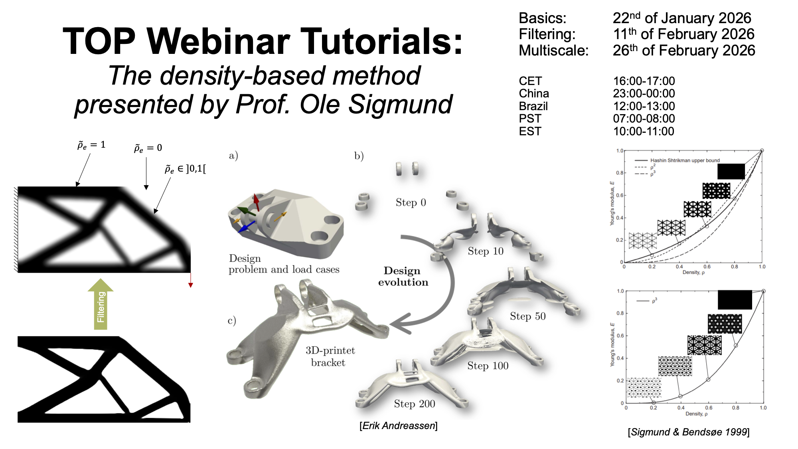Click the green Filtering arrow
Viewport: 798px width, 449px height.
(101, 304)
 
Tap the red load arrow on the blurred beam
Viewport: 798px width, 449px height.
(191, 280)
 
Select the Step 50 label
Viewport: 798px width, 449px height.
(527, 316)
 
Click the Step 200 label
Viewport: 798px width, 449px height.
(415, 404)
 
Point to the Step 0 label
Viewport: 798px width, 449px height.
(411, 202)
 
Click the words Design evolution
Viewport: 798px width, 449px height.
(403, 276)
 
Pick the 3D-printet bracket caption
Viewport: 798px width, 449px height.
(330, 356)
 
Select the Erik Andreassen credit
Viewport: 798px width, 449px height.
(399, 426)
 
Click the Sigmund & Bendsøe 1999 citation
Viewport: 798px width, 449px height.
(689, 432)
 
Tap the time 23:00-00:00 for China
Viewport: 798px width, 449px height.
(644, 93)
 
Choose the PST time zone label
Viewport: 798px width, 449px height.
(530, 119)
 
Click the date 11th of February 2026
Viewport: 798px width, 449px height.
(684, 34)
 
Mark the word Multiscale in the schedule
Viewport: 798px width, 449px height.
(553, 51)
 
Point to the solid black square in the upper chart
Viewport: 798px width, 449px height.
(731, 171)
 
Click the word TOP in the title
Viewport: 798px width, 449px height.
(99, 41)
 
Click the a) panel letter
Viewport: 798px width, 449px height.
(233, 156)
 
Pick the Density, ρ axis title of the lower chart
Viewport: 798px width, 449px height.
(696, 414)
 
